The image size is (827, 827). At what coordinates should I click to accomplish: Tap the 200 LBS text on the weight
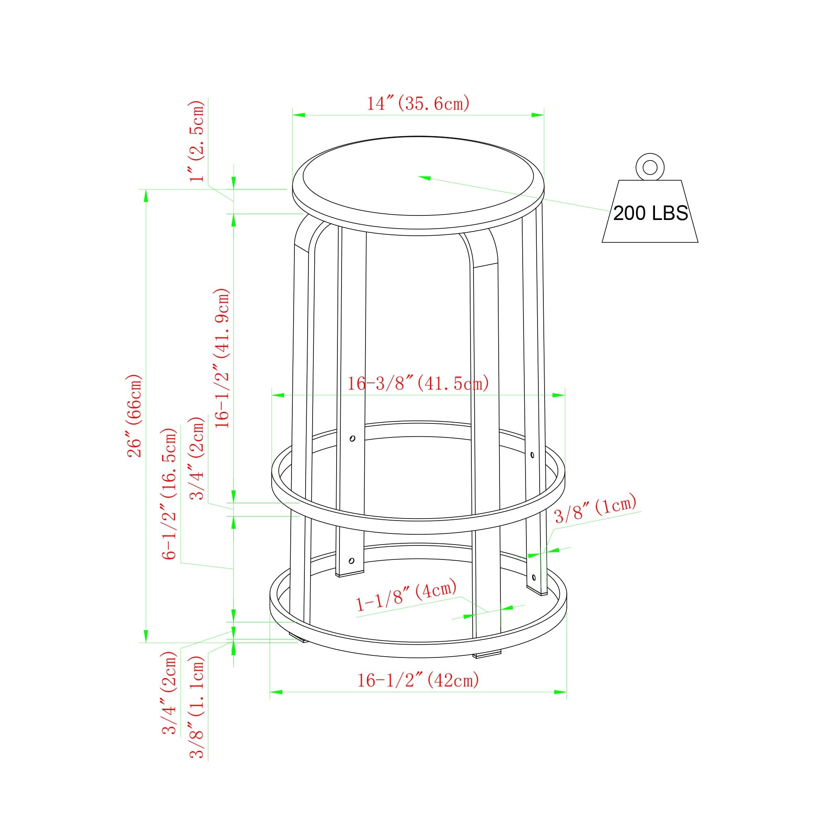pyautogui.click(x=650, y=213)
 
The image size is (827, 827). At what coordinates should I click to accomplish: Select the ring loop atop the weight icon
pyautogui.click(x=650, y=167)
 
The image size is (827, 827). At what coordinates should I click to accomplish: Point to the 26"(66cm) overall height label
pyautogui.click(x=134, y=416)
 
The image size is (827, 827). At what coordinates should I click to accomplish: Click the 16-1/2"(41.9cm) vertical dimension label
pyautogui.click(x=222, y=358)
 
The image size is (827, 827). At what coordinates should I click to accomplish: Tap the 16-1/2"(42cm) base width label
pyautogui.click(x=418, y=680)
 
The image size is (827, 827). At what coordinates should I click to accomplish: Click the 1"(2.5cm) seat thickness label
pyautogui.click(x=197, y=141)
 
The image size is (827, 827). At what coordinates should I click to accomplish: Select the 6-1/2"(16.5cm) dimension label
pyautogui.click(x=169, y=494)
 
